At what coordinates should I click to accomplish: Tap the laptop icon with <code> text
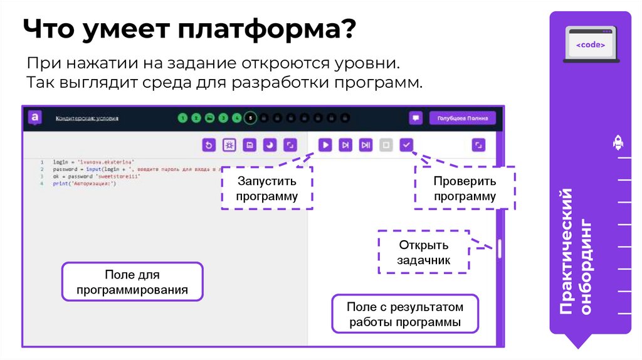click(x=591, y=45)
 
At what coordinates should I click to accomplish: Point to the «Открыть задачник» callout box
click(x=424, y=252)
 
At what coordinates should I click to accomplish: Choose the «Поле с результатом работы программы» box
click(x=405, y=314)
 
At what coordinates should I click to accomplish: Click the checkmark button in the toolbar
click(x=406, y=145)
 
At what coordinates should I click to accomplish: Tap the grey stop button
click(x=386, y=145)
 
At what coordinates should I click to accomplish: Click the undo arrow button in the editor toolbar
click(x=209, y=145)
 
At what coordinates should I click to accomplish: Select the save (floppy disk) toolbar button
click(x=250, y=145)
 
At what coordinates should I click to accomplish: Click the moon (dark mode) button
click(x=270, y=145)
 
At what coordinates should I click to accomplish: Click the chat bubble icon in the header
click(x=416, y=118)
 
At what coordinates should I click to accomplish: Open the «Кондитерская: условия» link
click(x=87, y=118)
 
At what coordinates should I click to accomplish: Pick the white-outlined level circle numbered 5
click(x=250, y=117)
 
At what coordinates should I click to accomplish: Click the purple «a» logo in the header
click(x=35, y=117)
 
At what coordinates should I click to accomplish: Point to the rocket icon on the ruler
click(x=617, y=144)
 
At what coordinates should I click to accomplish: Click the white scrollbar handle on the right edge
click(x=500, y=249)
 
